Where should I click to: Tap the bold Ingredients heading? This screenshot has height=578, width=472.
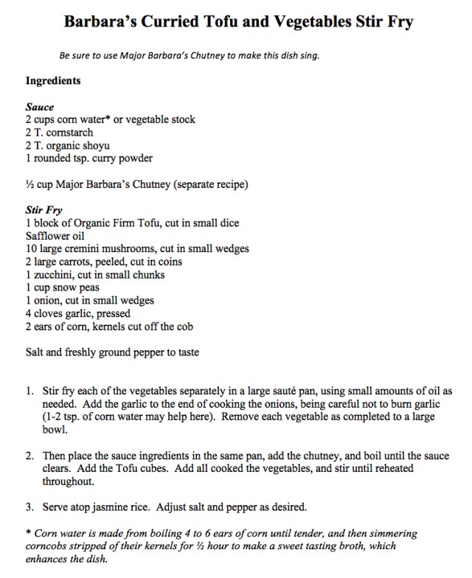click(53, 80)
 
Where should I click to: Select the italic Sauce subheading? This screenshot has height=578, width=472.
click(40, 107)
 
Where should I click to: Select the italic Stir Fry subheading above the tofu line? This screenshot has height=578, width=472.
click(44, 210)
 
